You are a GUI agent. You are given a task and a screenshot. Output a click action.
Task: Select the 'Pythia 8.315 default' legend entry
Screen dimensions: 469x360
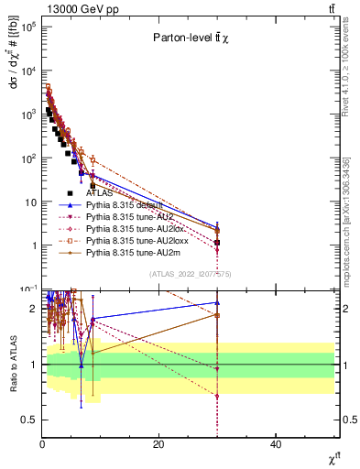(126, 205)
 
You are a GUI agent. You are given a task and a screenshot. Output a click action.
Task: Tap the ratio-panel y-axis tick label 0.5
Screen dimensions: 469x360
(27, 420)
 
